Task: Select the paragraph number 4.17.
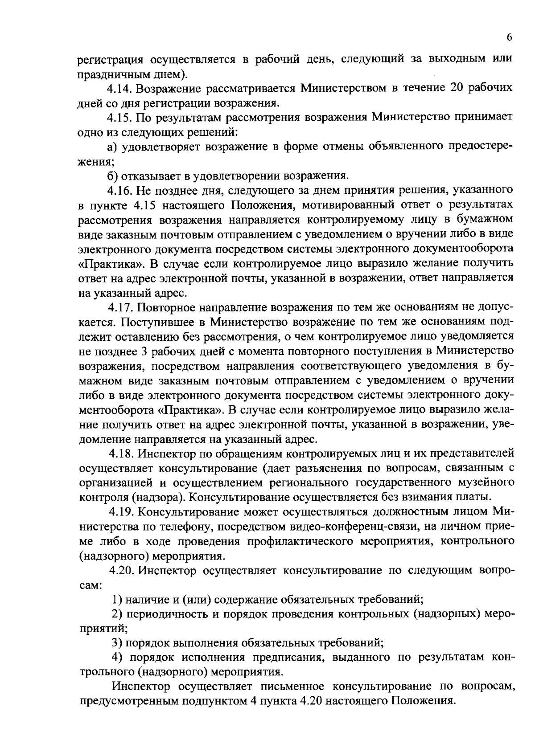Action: (x=120, y=308)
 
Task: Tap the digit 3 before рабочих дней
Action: (x=144, y=351)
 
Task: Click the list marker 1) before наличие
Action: (x=117, y=600)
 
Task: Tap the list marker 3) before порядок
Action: (x=117, y=643)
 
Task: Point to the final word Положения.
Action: (x=424, y=701)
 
